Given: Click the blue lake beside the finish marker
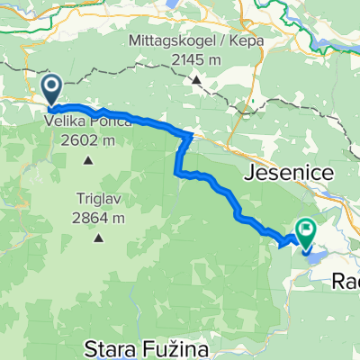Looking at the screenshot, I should (x=317, y=246).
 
